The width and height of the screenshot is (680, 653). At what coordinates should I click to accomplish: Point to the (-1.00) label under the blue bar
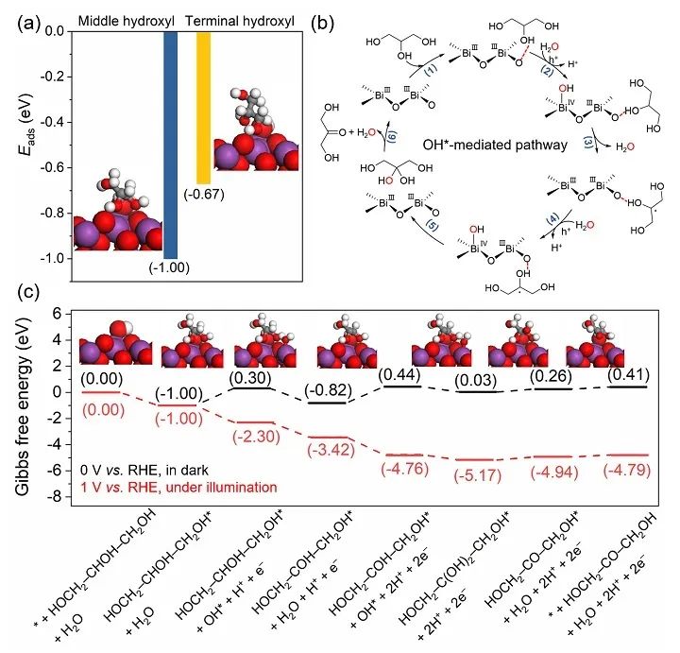(172, 267)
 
